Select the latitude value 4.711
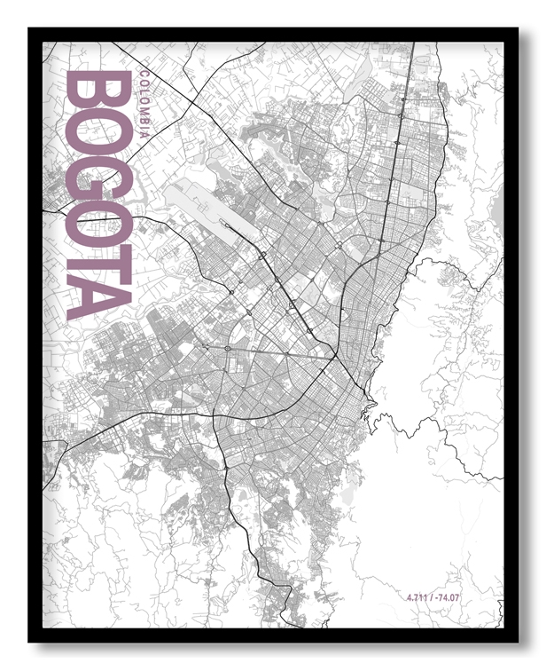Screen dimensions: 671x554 (417, 597)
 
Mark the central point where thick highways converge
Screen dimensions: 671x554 (335, 357)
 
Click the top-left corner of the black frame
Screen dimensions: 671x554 (29, 28)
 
